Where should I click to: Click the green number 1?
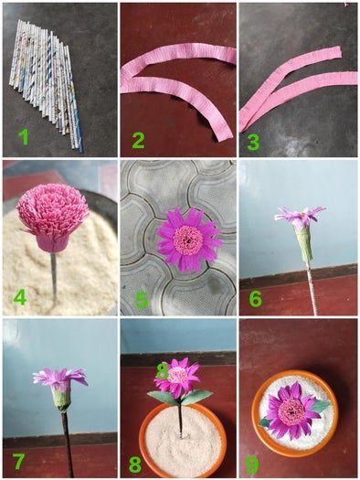24,137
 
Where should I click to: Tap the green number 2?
138,141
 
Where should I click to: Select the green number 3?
253,143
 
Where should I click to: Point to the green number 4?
19,296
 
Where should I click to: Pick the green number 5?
143,299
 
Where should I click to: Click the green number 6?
256,299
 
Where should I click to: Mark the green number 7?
18,462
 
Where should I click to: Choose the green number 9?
253,465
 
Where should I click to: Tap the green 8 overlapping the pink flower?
163,371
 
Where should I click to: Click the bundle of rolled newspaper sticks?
46,82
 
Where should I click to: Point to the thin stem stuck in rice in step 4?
54,275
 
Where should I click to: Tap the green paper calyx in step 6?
303,243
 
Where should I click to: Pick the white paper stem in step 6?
312,288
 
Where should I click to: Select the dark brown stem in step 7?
68,443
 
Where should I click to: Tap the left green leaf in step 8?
162,398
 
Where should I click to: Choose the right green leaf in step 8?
196,396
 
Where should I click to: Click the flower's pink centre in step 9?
291,411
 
